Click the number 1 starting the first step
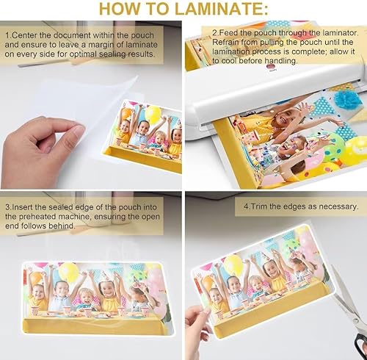tap(7, 35)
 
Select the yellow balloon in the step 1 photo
tap(153, 115)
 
